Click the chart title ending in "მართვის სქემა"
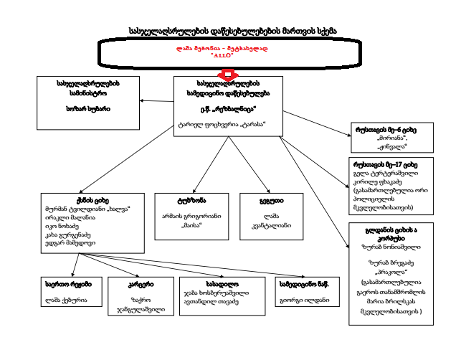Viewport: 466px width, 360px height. click(x=233, y=32)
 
